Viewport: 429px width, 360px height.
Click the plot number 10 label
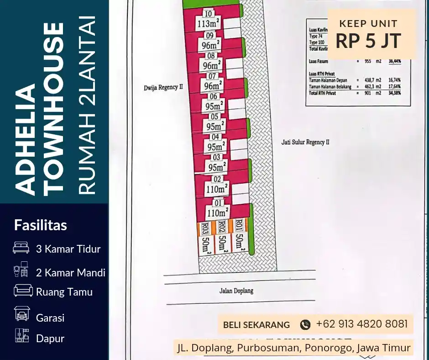(209, 14)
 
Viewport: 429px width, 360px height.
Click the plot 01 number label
(218, 203)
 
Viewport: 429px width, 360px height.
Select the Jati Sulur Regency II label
(305, 142)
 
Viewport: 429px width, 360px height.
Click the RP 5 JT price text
(368, 41)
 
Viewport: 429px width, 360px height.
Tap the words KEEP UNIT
(368, 24)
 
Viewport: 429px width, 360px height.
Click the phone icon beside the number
(305, 325)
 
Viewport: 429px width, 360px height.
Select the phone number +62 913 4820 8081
(361, 324)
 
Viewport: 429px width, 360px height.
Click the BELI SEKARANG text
(256, 325)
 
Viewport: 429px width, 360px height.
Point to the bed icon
(21, 248)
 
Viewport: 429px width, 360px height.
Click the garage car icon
(21, 314)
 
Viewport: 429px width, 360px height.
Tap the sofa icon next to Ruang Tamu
(22, 291)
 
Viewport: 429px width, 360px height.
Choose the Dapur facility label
(50, 339)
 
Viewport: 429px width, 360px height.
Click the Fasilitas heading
(41, 225)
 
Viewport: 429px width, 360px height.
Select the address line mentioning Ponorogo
(294, 348)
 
